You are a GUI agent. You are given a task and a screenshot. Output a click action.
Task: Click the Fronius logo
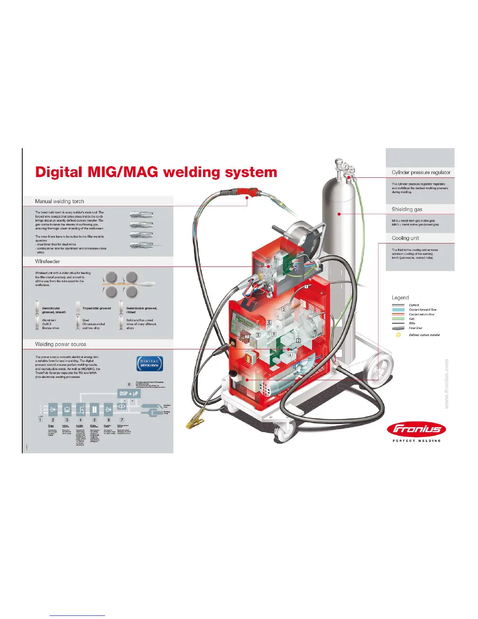[x=416, y=429]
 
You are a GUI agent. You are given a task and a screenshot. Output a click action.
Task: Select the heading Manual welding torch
[x=59, y=201]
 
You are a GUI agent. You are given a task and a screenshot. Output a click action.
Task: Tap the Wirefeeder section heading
[x=47, y=261]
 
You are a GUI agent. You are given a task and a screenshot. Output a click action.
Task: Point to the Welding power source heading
[x=61, y=344]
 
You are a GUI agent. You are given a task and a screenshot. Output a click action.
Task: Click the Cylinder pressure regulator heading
[x=421, y=172]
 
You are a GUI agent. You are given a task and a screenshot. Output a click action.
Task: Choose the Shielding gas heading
[x=407, y=209]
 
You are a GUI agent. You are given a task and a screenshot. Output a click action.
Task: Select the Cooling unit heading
[x=405, y=238]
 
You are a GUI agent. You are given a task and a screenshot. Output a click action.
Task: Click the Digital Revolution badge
[x=150, y=363]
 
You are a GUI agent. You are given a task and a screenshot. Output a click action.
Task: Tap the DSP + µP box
[x=128, y=394]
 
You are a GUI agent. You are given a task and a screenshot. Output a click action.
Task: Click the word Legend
[x=400, y=298]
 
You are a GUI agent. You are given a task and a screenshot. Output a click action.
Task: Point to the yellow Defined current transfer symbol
[x=398, y=335]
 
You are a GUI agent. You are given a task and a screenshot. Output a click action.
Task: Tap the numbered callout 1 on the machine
[x=307, y=286]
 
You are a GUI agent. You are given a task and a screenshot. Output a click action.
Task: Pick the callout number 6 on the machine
[x=269, y=322]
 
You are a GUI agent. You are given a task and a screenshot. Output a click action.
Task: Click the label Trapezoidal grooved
[x=96, y=308]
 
